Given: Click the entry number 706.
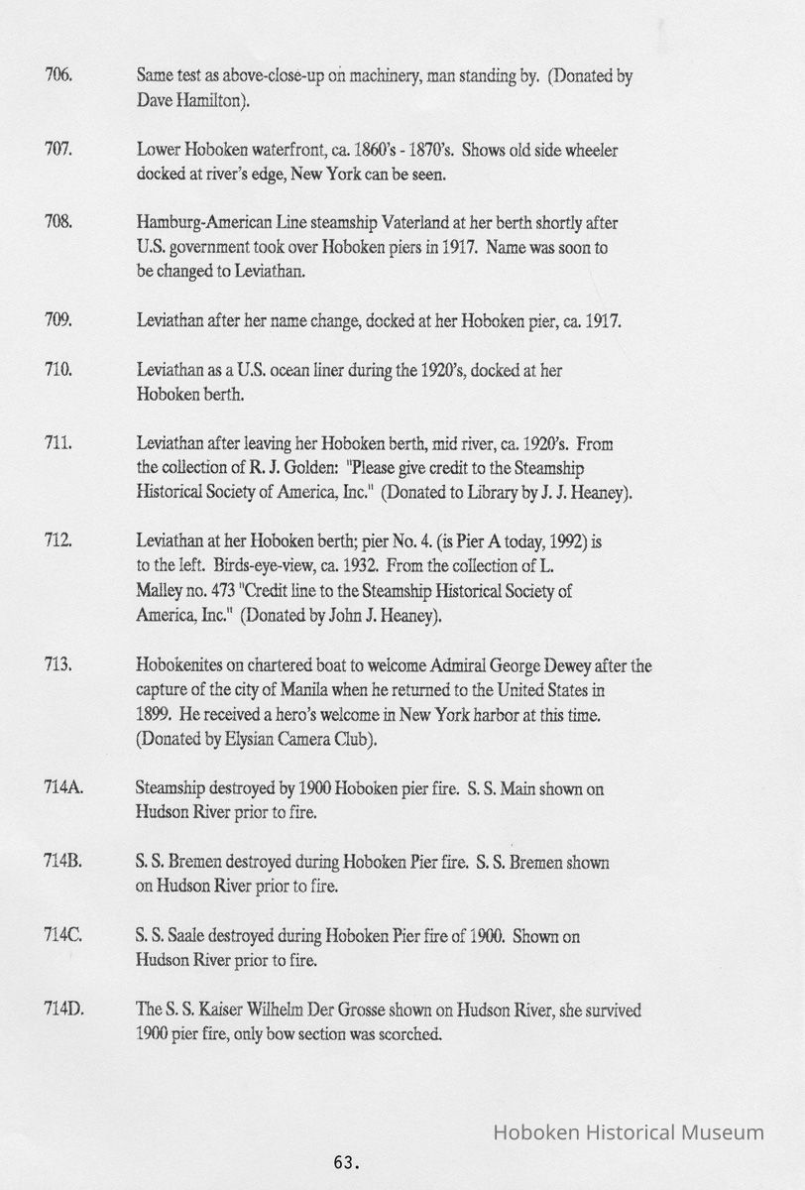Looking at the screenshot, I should (x=57, y=76).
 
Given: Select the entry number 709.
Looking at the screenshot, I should (x=57, y=320).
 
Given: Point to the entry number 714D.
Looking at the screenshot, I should (x=63, y=1010).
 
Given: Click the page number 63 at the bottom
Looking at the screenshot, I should (x=345, y=1161).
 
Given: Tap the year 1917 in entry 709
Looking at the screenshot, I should (x=601, y=320).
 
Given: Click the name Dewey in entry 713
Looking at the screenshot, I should (x=575, y=665).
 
